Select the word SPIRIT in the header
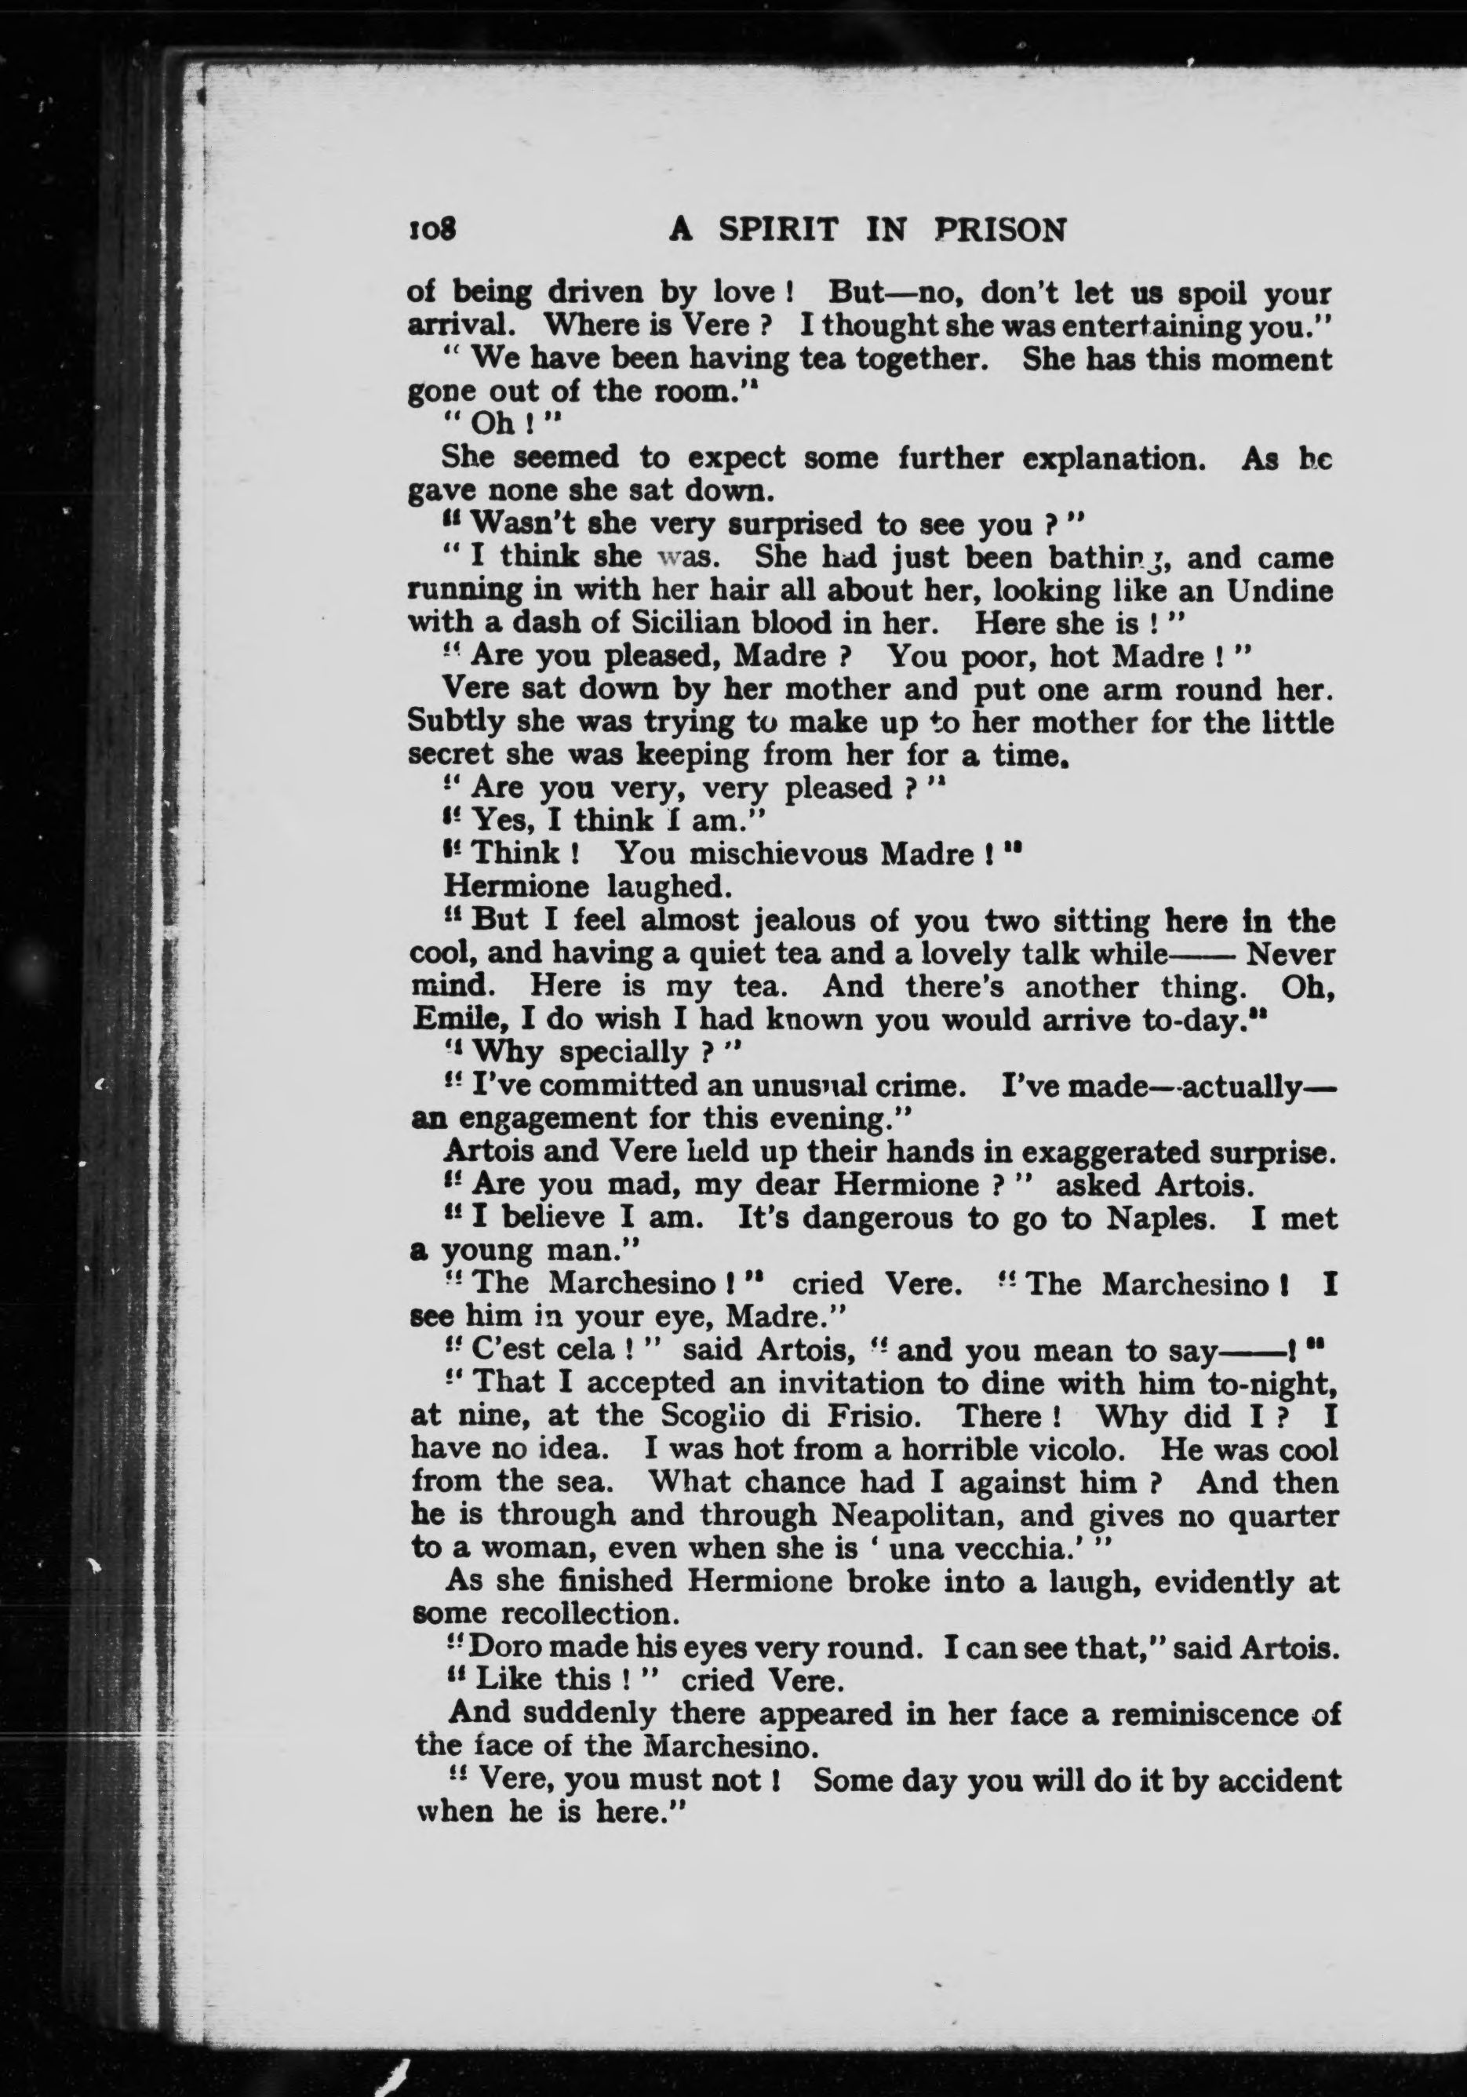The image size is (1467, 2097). [x=777, y=230]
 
